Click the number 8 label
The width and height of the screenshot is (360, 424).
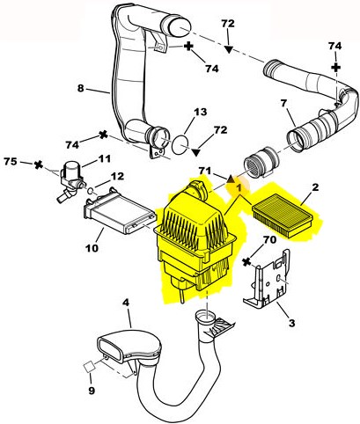point(81,88)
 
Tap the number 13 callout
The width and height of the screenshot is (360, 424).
point(201,112)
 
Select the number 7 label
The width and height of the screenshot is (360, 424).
point(283,103)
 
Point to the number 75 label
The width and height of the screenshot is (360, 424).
point(11,161)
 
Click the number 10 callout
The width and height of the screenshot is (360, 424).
point(92,248)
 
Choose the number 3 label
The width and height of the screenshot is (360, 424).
point(291,323)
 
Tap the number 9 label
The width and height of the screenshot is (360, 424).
point(92,391)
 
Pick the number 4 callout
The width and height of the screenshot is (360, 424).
point(126,303)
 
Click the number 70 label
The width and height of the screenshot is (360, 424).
point(270,240)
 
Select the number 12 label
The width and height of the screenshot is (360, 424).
point(117,176)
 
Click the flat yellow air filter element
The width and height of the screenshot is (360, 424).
point(288,215)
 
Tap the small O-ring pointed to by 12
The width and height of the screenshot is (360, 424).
point(91,192)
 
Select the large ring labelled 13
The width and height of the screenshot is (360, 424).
point(180,145)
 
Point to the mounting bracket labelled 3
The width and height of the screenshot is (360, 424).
point(267,280)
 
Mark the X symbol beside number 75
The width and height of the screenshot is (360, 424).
point(38,164)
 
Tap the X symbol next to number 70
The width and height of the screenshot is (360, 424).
point(246,262)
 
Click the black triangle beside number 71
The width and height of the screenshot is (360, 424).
point(231,179)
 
